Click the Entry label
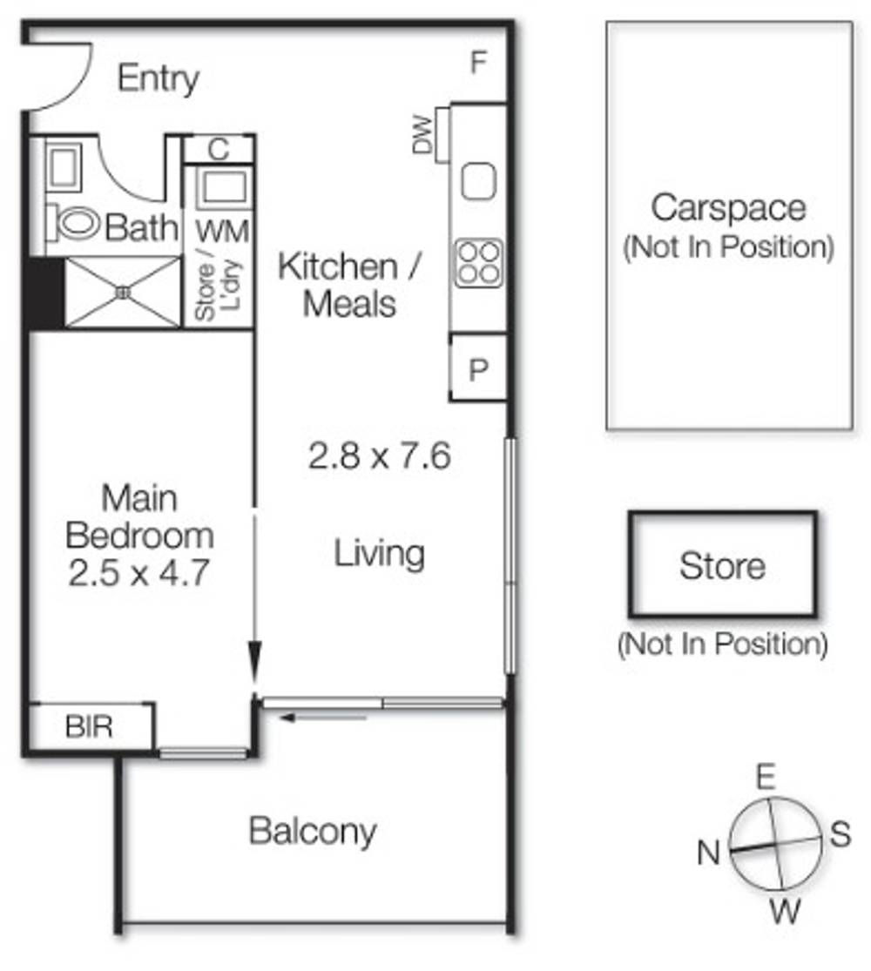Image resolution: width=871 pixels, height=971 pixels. tap(159, 78)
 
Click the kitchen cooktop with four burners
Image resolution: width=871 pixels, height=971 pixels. tap(477, 263)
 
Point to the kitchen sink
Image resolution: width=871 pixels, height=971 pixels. tap(478, 181)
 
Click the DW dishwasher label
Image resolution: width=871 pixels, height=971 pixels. tap(422, 134)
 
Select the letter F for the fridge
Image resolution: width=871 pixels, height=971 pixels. tap(478, 63)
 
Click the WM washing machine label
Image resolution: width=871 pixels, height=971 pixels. tap(222, 233)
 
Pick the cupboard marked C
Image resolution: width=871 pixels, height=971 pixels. tap(219, 149)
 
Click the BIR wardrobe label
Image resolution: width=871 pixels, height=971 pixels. tap(89, 726)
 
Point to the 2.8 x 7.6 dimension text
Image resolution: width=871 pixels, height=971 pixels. tap(379, 456)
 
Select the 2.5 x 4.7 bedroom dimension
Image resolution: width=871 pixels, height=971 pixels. tap(139, 573)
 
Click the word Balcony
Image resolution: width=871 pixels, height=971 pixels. tap(313, 832)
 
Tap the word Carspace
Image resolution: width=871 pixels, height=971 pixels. tap(728, 209)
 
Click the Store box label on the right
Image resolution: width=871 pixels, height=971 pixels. tap(722, 566)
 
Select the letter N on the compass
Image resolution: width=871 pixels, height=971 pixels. tap(708, 853)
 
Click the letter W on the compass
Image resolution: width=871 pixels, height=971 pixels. tap(786, 911)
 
